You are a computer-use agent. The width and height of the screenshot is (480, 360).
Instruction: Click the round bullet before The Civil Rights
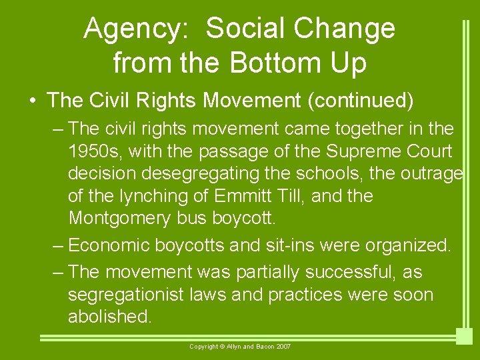33,101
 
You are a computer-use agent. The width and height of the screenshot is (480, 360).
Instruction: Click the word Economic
109,245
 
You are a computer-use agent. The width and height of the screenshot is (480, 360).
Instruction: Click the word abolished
110,317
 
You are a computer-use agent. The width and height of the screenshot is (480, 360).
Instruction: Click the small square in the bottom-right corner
464,336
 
